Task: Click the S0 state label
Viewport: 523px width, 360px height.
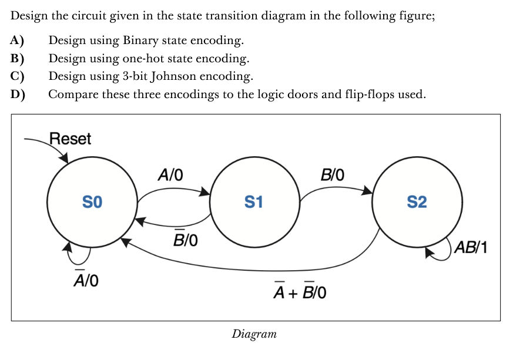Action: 92,203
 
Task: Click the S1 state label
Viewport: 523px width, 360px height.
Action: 253,203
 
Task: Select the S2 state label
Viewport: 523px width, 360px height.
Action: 417,203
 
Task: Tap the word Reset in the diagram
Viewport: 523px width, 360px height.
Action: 71,139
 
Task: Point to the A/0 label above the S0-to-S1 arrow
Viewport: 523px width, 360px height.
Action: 170,175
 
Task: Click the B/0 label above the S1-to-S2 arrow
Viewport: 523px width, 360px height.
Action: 333,175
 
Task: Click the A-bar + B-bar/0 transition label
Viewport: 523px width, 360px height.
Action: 300,290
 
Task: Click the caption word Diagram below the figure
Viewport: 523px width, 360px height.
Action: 254,334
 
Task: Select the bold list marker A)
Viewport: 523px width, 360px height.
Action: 17,41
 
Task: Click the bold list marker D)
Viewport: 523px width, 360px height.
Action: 17,95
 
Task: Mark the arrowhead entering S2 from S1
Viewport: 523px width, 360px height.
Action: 367,190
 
